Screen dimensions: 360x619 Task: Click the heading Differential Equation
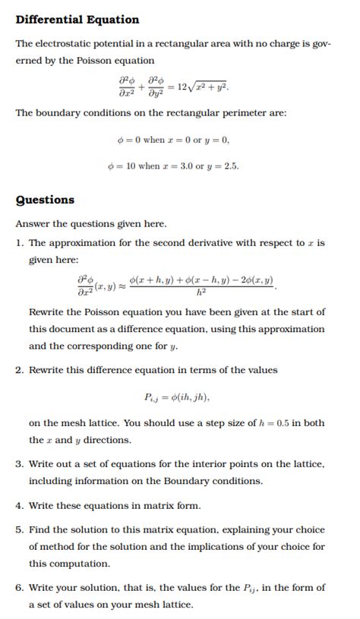[x=77, y=20]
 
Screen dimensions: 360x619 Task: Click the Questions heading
[x=46, y=201]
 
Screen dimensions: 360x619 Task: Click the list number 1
[x=20, y=243]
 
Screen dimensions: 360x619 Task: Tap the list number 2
[x=20, y=370]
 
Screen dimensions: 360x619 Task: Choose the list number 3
[x=20, y=463]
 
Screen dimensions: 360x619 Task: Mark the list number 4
[x=20, y=505]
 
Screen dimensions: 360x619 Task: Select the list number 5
[x=20, y=530]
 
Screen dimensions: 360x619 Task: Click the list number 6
[x=20, y=588]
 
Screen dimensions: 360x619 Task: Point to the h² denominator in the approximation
[x=201, y=292]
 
